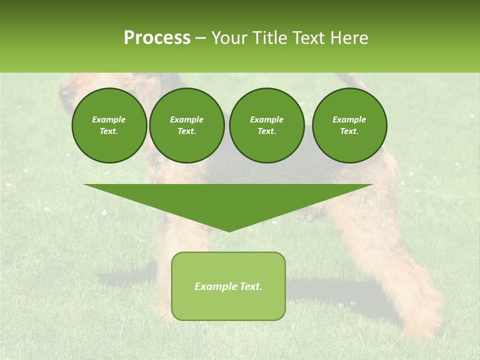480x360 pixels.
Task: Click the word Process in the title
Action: pyautogui.click(x=157, y=38)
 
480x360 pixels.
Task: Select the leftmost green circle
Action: pyautogui.click(x=109, y=125)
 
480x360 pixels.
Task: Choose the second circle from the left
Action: pyautogui.click(x=187, y=125)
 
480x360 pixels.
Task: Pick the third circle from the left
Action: pyautogui.click(x=267, y=125)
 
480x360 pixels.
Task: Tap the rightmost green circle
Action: pyautogui.click(x=349, y=125)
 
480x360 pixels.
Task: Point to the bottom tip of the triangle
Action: pyautogui.click(x=229, y=230)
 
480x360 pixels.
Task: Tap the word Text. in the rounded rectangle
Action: pyautogui.click(x=251, y=286)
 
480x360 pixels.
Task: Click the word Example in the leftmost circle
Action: pyautogui.click(x=109, y=119)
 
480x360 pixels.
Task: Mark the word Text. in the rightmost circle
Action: pyautogui.click(x=349, y=131)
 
